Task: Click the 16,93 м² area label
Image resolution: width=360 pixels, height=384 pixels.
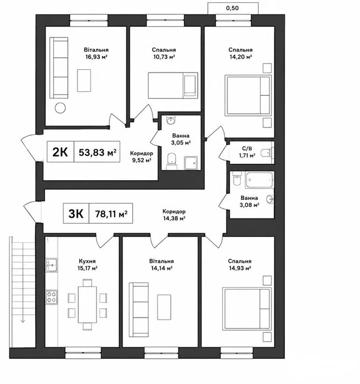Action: point(96,57)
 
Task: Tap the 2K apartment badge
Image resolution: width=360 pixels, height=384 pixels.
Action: point(60,152)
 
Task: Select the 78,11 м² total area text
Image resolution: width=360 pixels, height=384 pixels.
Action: point(111,214)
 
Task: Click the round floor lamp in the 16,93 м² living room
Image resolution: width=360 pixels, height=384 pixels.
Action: point(60,108)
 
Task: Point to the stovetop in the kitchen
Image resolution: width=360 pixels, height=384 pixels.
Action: point(52,297)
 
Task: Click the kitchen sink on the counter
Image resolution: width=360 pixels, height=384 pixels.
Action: point(52,265)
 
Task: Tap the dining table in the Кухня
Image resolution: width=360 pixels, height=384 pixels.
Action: point(87,304)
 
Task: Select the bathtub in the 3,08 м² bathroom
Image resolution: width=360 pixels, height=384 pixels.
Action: point(259,180)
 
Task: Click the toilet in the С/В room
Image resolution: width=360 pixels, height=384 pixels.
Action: point(266,153)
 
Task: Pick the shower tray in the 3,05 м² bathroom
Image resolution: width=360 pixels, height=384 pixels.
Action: point(191,163)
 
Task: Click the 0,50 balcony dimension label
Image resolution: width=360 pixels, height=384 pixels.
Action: point(232,8)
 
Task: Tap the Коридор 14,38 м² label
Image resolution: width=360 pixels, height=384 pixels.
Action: point(174,215)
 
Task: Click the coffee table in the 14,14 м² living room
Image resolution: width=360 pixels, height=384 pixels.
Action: point(164,307)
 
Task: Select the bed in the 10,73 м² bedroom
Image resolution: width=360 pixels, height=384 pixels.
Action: point(173,86)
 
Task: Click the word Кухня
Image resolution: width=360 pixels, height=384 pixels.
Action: point(87,261)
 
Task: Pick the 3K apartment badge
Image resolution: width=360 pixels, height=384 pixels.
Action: point(76,214)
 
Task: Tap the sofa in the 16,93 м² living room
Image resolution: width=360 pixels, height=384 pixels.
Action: point(59,68)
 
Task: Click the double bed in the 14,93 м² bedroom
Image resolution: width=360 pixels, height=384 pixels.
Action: point(247,309)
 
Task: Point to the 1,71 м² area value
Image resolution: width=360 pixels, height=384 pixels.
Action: point(248,155)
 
